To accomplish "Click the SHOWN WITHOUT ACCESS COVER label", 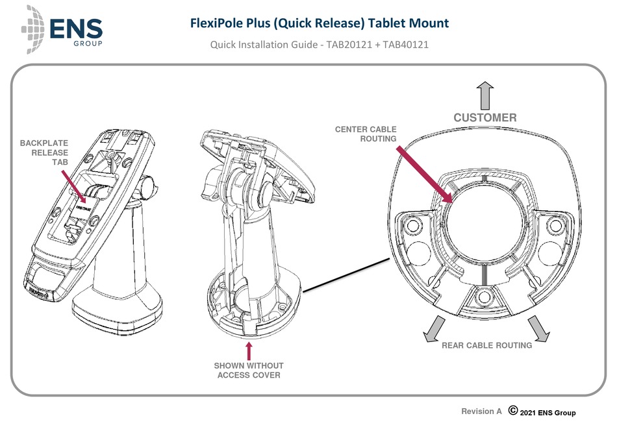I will click(x=249, y=370).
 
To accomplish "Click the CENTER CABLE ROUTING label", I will click(x=365, y=134).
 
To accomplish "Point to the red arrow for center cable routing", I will click(x=425, y=174).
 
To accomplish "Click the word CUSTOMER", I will click(x=485, y=118).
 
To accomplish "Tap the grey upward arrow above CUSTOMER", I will click(x=484, y=95).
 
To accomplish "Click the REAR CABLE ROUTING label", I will click(x=486, y=346).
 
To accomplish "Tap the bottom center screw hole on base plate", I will click(x=484, y=298).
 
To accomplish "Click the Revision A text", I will click(x=481, y=411).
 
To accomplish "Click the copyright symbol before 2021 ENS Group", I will click(x=512, y=411).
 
